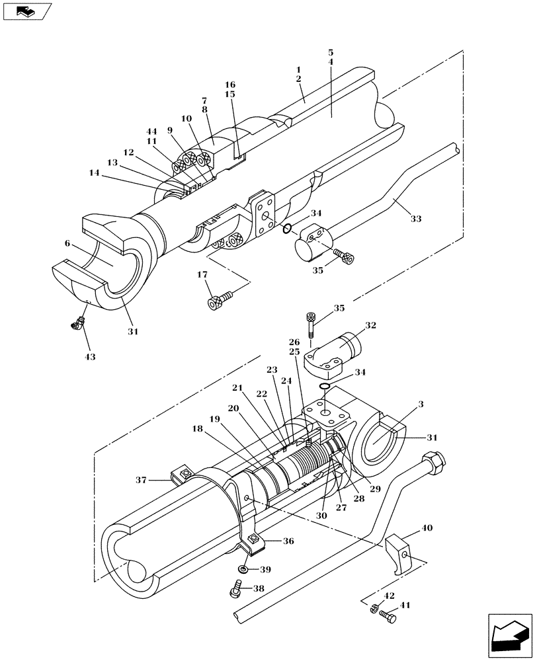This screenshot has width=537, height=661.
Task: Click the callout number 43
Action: coord(90,357)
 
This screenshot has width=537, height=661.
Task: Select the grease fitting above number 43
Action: coord(77,323)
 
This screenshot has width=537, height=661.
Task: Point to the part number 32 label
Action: coord(370,326)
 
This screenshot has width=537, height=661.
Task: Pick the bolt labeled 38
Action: coord(238,587)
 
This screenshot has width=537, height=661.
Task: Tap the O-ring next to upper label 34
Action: coord(286,229)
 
